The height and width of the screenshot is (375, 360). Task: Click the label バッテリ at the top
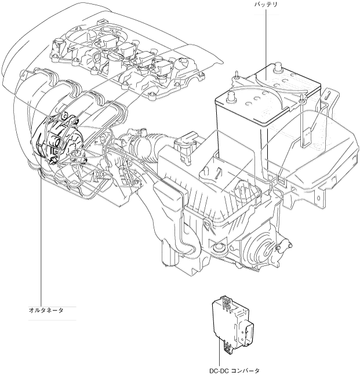tap(266, 5)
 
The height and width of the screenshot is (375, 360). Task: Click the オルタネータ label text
tap(46, 310)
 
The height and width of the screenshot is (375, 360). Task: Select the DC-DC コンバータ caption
tap(234, 369)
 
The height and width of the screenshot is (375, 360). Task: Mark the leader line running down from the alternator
tap(42, 232)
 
